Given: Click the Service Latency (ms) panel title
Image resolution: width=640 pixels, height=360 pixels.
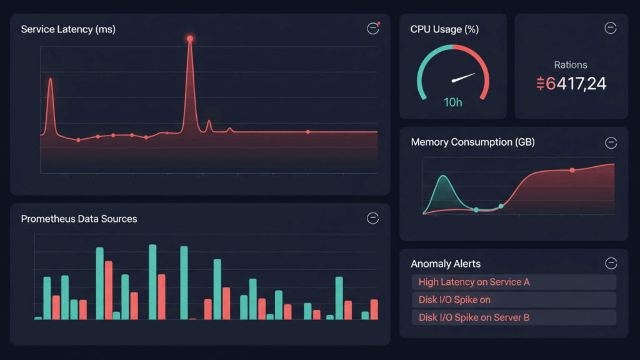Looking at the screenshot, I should (x=68, y=29).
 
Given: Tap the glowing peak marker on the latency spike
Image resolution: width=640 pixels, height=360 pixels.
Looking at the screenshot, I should (x=190, y=39).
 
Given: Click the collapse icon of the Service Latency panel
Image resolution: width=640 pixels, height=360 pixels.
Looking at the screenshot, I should (x=373, y=29).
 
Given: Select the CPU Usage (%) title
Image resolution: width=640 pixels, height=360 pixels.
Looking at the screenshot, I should (x=444, y=29).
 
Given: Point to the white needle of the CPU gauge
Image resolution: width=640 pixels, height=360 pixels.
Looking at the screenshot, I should (x=463, y=78).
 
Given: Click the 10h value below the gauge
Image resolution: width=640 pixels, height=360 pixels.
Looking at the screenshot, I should (x=453, y=102).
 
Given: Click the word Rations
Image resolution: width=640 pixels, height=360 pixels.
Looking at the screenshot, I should (x=570, y=65).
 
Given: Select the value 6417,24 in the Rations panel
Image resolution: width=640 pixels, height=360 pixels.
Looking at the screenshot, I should (x=571, y=83).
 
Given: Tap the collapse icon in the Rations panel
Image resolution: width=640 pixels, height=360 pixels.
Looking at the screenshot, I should (x=611, y=28).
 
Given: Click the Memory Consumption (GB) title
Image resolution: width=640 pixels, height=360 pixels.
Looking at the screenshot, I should (x=472, y=142).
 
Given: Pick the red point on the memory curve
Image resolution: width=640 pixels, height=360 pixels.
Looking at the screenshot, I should (x=572, y=170).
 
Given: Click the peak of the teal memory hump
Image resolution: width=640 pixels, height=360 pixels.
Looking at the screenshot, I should (x=443, y=177).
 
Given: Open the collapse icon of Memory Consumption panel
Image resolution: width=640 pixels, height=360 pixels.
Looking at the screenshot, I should (x=611, y=143).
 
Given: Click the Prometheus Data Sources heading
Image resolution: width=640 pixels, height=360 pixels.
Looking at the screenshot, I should (x=79, y=219).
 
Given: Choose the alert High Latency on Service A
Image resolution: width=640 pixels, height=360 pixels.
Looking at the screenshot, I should (x=474, y=282).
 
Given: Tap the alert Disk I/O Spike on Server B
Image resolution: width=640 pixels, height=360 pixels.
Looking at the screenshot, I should (x=474, y=317).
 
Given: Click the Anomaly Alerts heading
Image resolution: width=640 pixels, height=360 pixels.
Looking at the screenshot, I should (x=446, y=264).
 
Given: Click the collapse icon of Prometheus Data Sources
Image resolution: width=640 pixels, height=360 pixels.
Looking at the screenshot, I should (x=373, y=218).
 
